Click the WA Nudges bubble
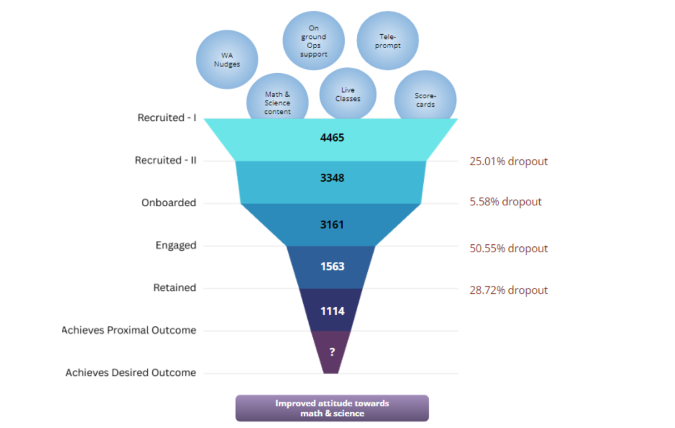[x=227, y=61]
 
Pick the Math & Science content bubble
[x=278, y=102]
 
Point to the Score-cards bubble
[x=425, y=99]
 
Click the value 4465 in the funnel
[x=332, y=138]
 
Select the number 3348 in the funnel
[x=332, y=178]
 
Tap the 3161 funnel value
[x=332, y=225]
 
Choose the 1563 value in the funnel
[x=332, y=267]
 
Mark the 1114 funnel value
[x=332, y=311]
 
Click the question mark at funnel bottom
[x=332, y=352]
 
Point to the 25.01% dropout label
[x=508, y=161]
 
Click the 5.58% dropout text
[x=505, y=201]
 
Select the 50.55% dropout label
[x=508, y=248]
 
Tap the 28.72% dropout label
[x=508, y=290]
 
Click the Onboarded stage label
[x=169, y=203]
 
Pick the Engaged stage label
[x=175, y=246]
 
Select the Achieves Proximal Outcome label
[x=129, y=330]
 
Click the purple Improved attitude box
[x=332, y=408]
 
